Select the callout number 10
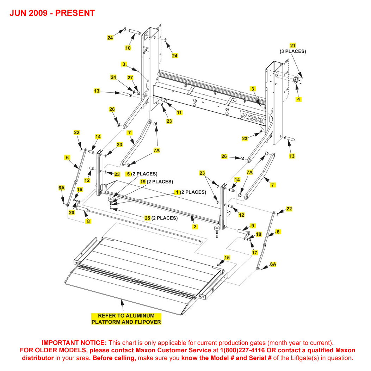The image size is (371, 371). point(128,48)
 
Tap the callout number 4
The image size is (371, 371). point(298,99)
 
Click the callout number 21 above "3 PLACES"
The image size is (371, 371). point(293,45)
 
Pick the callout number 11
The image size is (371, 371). point(179,113)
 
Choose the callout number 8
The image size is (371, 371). point(88,221)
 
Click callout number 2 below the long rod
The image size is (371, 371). point(195,227)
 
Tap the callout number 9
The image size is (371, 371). point(252,225)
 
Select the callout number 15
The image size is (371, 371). point(227,258)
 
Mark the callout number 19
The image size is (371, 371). point(143,182)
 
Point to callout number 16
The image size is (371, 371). point(80,190)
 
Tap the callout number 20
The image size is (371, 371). point(72,212)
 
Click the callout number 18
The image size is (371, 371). point(259,234)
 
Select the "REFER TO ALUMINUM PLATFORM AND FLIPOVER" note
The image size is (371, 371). point(126,319)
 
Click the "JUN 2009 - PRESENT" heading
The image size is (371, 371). point(52,13)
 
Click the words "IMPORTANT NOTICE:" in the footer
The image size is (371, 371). point(74,342)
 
